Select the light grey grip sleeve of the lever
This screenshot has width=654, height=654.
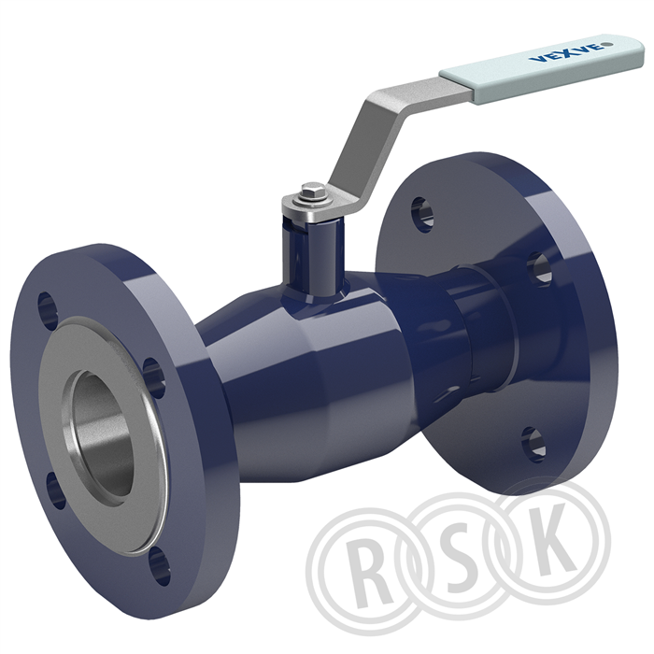point(542,66)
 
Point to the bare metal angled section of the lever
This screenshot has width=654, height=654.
point(396,125)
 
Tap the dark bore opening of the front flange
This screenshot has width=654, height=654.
point(102,434)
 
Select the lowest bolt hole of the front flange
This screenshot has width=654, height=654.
point(160,566)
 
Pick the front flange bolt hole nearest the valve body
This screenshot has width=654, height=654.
point(154,377)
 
